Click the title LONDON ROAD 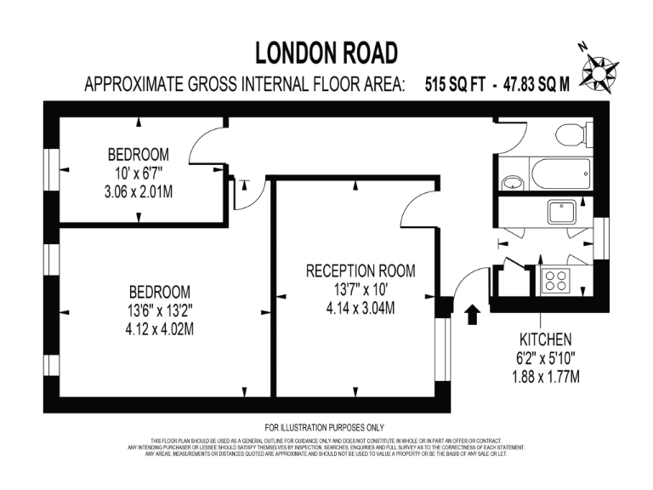click(x=326, y=54)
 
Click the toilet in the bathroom click(x=567, y=134)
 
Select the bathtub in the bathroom click(x=560, y=175)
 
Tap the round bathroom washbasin click(x=512, y=181)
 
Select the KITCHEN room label click(x=545, y=339)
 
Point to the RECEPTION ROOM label click(x=361, y=271)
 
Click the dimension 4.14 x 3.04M click(x=361, y=308)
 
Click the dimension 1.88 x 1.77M click(x=545, y=375)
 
